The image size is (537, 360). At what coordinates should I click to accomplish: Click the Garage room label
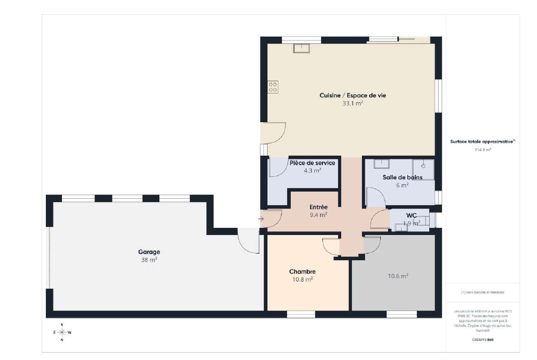coord(149,252)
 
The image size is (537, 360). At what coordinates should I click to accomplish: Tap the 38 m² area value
coord(149,260)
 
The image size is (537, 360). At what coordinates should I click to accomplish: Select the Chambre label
coord(302,272)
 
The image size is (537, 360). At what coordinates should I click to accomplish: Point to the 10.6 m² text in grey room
coord(398,276)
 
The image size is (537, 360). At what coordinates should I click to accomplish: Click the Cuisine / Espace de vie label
coord(353,95)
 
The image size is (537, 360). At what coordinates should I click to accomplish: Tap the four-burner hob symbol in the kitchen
coord(273,87)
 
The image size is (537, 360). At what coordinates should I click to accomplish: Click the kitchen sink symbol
coord(301,48)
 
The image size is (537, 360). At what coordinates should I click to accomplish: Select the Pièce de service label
coord(312,163)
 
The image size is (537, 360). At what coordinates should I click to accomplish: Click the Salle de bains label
coord(402,177)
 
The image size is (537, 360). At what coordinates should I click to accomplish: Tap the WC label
coord(411,216)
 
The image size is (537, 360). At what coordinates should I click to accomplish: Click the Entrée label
coord(318,207)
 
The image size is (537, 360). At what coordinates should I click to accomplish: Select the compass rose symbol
coord(62,332)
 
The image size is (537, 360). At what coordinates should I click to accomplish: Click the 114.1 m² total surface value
coord(483,150)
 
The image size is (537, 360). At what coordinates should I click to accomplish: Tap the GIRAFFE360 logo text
coord(483,340)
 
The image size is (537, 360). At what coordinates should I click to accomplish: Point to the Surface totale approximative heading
coord(482,142)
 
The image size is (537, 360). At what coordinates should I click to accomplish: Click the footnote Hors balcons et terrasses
coord(483,292)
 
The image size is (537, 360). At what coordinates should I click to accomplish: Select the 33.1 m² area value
coord(353,104)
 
